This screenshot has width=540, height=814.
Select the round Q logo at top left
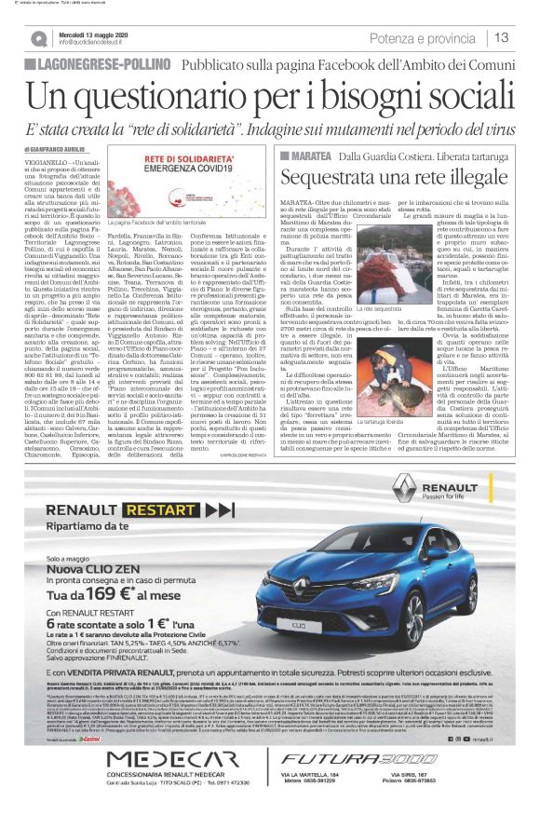(x=38, y=38)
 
